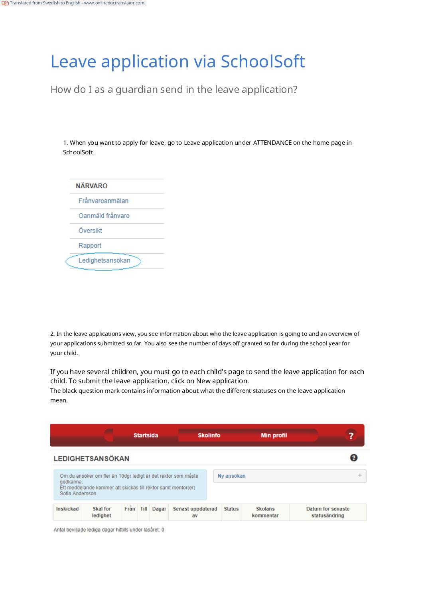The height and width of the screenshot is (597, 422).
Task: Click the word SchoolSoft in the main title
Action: pos(262,62)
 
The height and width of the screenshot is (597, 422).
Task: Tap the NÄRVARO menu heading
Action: pos(91,186)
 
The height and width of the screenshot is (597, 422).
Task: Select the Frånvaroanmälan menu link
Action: pos(103,201)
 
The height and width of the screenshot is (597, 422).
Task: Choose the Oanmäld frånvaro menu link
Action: pos(104,216)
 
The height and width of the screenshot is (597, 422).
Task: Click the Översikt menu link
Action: pos(90,231)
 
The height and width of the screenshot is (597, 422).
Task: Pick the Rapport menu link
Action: pos(90,246)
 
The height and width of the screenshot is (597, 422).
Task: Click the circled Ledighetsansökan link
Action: pos(104,260)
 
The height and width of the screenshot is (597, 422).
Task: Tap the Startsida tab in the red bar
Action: pos(146,435)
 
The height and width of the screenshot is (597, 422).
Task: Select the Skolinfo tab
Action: pos(209,435)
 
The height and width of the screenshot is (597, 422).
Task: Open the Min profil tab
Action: pos(274,435)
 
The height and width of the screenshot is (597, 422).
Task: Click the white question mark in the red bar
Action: pos(351,435)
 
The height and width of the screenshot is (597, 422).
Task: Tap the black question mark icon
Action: pos(353,458)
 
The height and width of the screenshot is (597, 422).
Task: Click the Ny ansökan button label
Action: pos(231,476)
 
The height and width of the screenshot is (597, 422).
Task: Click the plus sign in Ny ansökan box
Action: pos(360,475)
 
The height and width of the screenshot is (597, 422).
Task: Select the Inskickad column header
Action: pos(67,509)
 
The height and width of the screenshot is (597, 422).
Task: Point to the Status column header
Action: pos(231,509)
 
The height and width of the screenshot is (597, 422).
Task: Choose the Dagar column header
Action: pos(159,509)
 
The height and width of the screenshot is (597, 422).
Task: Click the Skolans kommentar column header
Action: pos(265,512)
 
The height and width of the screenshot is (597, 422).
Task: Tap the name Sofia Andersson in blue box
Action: pos(78,493)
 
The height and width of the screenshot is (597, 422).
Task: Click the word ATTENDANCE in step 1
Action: pos(272,143)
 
